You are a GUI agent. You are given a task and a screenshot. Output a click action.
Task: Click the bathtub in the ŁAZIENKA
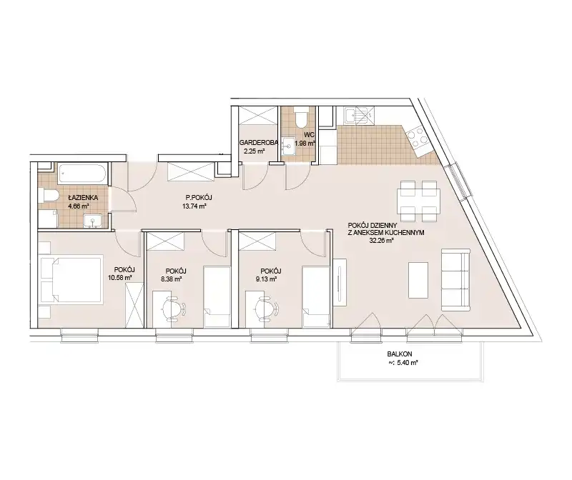coord(83,174)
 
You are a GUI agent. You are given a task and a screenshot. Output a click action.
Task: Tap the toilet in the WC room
coord(302,117)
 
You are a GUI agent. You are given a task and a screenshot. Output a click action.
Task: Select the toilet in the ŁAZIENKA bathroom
coord(48,195)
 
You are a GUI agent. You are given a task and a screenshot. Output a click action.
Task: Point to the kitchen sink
coord(359,116)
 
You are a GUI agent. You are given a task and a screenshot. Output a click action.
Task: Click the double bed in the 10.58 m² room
coord(71,280)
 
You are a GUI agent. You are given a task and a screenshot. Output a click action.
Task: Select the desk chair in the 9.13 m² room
coord(265,308)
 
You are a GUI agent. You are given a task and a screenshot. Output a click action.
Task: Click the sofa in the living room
coord(455,280)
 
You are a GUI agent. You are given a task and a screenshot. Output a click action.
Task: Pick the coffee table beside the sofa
coord(418,280)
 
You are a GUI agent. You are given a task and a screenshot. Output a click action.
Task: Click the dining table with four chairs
coord(419,201)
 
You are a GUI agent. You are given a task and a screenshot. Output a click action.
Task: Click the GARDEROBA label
coord(259,143)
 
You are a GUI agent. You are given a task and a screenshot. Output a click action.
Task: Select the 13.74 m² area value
coord(194,206)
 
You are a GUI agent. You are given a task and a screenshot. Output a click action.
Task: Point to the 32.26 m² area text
coord(381,241)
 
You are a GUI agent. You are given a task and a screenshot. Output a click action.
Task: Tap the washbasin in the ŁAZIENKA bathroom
coord(93,221)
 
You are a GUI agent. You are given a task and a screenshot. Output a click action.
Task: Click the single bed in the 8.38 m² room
coord(217,297)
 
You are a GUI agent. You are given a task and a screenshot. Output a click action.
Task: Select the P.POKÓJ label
coord(199,198)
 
